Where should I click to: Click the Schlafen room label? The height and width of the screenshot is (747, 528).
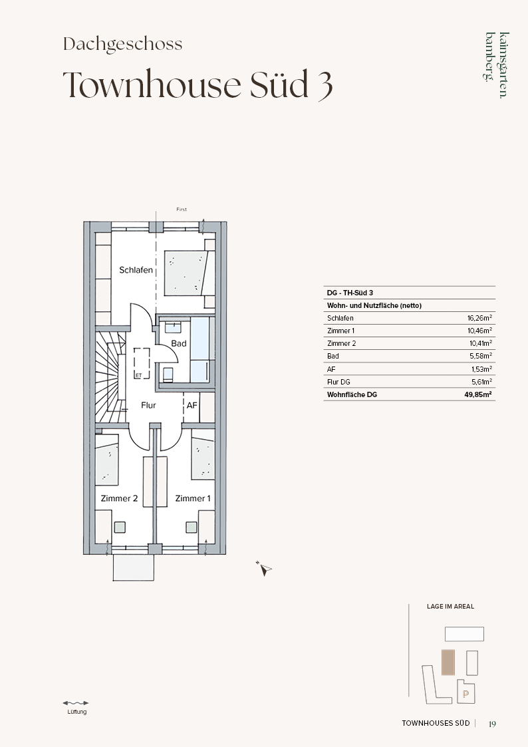tap(136, 270)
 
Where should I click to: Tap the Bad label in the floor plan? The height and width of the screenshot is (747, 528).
tap(179, 343)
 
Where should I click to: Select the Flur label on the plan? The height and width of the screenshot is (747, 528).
tap(148, 405)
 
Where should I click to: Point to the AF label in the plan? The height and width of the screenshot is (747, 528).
tap(192, 405)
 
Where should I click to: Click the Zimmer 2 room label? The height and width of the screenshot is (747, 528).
tap(119, 498)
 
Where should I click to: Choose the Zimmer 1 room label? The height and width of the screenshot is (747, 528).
tap(193, 498)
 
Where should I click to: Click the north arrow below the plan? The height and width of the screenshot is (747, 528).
tap(264, 568)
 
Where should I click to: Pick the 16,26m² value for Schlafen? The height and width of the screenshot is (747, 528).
tap(480, 318)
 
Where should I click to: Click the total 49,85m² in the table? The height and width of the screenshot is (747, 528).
tap(479, 394)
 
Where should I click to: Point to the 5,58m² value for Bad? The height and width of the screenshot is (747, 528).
tap(481, 356)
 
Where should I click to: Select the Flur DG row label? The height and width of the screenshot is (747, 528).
tap(338, 382)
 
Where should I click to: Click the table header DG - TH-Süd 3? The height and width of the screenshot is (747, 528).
tap(350, 293)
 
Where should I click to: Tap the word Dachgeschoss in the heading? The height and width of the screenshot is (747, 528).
tap(123, 45)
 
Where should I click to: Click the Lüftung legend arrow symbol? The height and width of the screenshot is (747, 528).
tap(76, 702)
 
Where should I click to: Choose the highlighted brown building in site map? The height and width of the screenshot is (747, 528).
tap(448, 663)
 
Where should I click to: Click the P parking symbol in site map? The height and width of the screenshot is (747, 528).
tap(465, 694)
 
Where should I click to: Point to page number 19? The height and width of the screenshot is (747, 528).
tap(492, 724)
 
